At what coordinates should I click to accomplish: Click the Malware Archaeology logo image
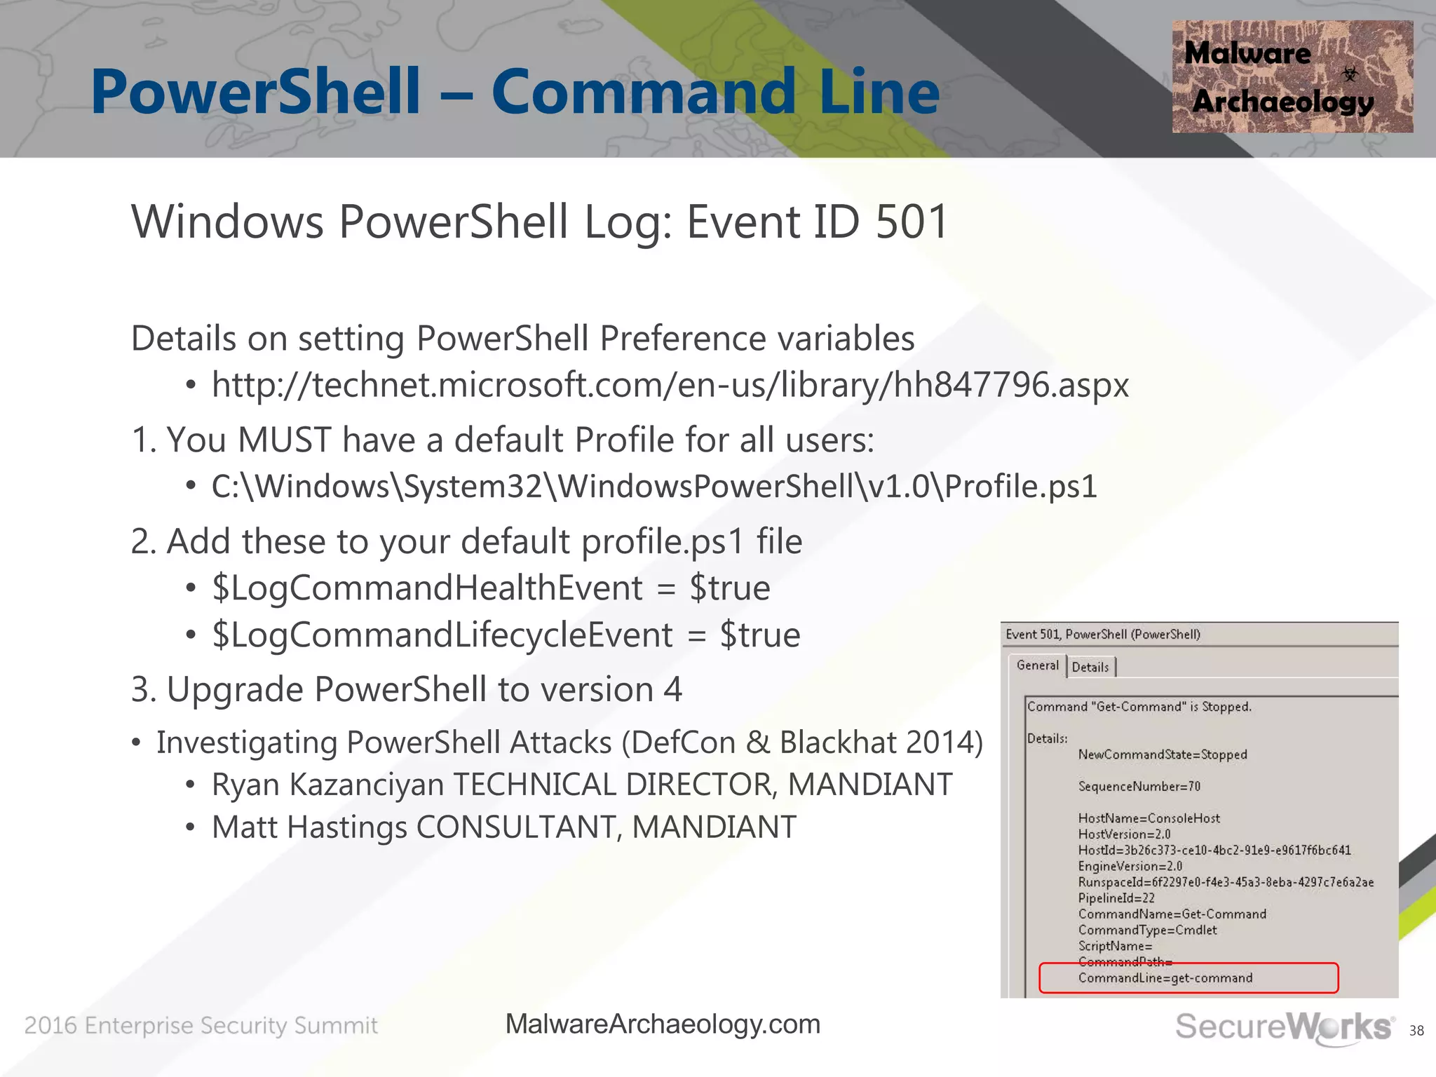click(x=1292, y=76)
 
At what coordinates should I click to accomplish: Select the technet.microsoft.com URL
click(x=670, y=385)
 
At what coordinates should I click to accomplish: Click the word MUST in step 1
click(x=284, y=440)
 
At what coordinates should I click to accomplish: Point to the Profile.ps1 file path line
click(x=653, y=487)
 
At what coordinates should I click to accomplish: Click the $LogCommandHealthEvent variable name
click(x=427, y=588)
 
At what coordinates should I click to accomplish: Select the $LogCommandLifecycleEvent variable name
click(x=442, y=635)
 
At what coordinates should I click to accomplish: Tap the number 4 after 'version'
click(x=673, y=689)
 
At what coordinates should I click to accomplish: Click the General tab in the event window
click(x=1037, y=665)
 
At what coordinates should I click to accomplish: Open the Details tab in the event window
click(x=1090, y=668)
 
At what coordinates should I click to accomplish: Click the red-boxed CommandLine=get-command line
click(x=1165, y=978)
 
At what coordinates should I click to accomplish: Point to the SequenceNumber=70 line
click(x=1139, y=787)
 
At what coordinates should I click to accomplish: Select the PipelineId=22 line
click(x=1116, y=898)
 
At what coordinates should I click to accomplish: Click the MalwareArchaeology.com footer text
click(x=663, y=1024)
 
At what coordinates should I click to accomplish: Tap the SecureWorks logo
click(x=1283, y=1027)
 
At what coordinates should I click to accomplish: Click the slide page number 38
click(x=1416, y=1031)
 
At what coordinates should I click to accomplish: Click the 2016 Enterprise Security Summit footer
click(x=201, y=1026)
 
